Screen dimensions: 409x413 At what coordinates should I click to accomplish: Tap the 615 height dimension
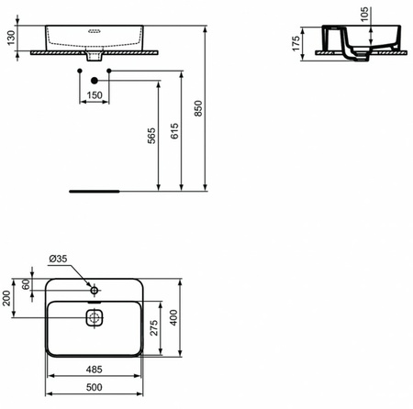[173, 137]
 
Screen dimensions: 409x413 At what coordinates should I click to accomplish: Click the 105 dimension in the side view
[364, 12]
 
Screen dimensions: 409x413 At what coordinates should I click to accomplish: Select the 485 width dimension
[95, 369]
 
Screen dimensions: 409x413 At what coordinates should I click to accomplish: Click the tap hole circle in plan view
[95, 290]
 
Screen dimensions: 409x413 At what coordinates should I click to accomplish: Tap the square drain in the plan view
[95, 317]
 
